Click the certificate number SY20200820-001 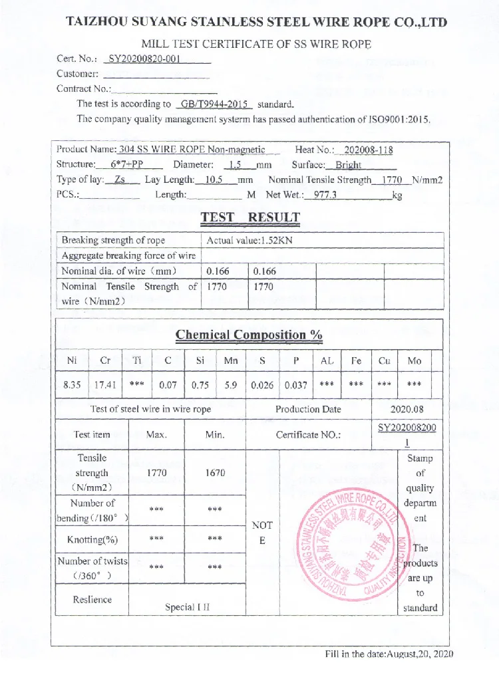[x=144, y=58]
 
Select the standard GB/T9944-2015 [x=214, y=104]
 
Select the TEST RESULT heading [x=250, y=217]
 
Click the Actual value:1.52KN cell [x=249, y=241]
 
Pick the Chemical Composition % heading [x=249, y=335]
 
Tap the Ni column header [x=72, y=361]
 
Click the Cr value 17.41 [x=105, y=384]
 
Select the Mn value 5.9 [x=231, y=384]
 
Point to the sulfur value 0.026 [x=262, y=384]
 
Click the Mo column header [x=415, y=361]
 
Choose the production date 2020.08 [x=407, y=409]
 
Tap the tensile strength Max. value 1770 [x=157, y=473]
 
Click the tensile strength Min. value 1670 [x=215, y=473]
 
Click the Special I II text [x=187, y=607]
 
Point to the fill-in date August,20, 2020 [x=389, y=654]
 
